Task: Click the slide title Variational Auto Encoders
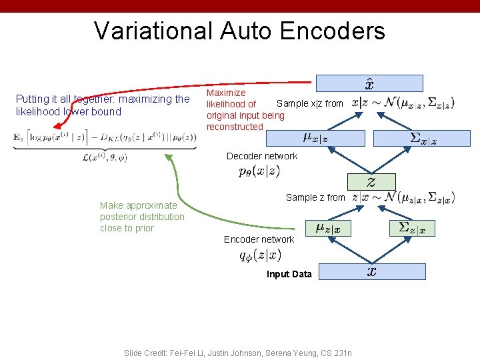click(239, 31)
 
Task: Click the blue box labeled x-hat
click(369, 83)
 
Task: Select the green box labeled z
click(371, 182)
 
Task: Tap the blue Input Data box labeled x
click(371, 271)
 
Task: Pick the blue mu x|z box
click(315, 138)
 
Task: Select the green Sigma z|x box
click(412, 228)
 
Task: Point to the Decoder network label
click(262, 156)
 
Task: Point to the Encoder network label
click(259, 239)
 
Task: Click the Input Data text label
click(289, 274)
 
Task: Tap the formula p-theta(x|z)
click(259, 171)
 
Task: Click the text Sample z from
click(315, 197)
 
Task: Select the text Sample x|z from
click(310, 103)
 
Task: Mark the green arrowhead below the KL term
click(169, 159)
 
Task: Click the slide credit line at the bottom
click(238, 353)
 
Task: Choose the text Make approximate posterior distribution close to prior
click(142, 217)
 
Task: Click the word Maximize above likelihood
click(226, 93)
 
